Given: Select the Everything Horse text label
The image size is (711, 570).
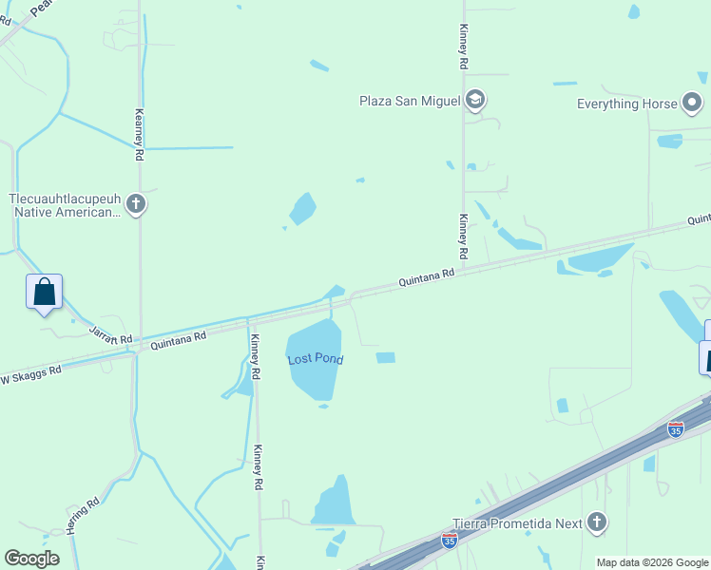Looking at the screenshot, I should pyautogui.click(x=627, y=104).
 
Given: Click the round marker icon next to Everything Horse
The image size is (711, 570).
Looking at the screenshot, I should pyautogui.click(x=692, y=103).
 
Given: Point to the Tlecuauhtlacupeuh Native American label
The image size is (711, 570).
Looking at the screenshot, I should pyautogui.click(x=65, y=205).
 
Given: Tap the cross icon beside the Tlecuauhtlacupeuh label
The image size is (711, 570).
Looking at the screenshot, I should pyautogui.click(x=136, y=203).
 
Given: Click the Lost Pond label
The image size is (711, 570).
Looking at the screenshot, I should pyautogui.click(x=315, y=359).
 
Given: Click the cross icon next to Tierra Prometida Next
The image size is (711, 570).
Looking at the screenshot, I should pyautogui.click(x=596, y=522).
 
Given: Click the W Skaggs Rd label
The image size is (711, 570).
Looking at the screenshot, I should pyautogui.click(x=30, y=372).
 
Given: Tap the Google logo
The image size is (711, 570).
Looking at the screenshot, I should pyautogui.click(x=31, y=559).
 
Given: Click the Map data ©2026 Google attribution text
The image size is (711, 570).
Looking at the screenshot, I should pyautogui.click(x=652, y=562).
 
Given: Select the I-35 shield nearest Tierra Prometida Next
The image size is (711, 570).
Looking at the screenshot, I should pyautogui.click(x=450, y=540).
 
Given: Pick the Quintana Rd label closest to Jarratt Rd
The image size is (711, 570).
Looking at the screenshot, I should pyautogui.click(x=178, y=337).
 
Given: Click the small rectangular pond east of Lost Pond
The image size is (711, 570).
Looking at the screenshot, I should pyautogui.click(x=385, y=357).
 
